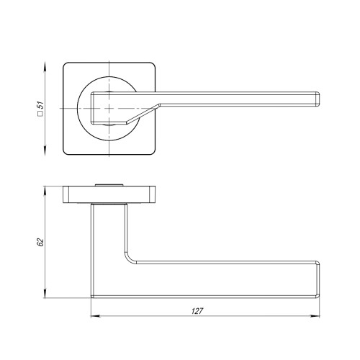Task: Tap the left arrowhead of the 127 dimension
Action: point(95,315)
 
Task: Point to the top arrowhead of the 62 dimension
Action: point(47,189)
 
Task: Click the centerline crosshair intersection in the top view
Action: point(109,109)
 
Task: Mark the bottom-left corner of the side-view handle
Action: point(93,295)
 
